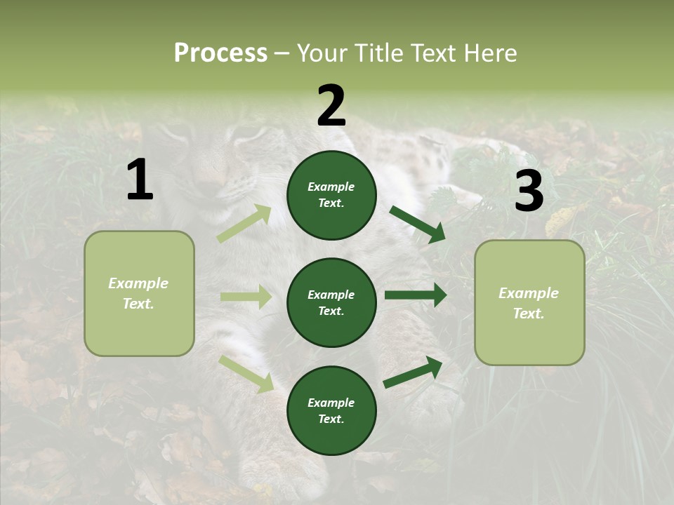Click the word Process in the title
(x=220, y=53)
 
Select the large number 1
(x=140, y=180)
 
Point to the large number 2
(x=331, y=106)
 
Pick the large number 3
(x=529, y=191)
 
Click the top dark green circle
(x=331, y=195)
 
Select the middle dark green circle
(x=331, y=302)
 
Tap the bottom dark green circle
(x=331, y=410)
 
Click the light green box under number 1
(x=139, y=293)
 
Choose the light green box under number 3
(x=529, y=302)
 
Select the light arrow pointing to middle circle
(x=246, y=297)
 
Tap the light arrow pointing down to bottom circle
(x=246, y=373)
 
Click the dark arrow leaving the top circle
(x=417, y=224)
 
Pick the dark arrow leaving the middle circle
(x=415, y=295)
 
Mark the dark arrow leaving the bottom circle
(x=413, y=372)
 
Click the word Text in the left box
(x=138, y=304)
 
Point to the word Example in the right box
(x=529, y=293)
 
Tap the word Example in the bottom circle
(x=331, y=403)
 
